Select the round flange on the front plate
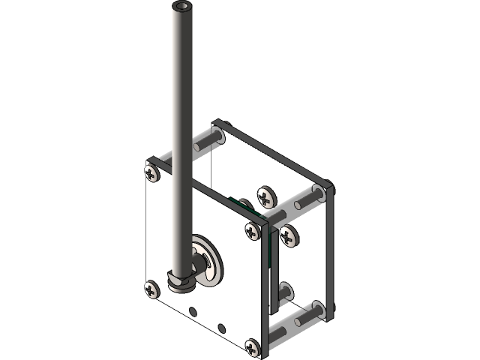(205, 259)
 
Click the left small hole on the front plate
(193, 310)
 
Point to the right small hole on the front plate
(221, 327)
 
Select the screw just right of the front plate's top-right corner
(289, 236)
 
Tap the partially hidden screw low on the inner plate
(286, 289)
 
